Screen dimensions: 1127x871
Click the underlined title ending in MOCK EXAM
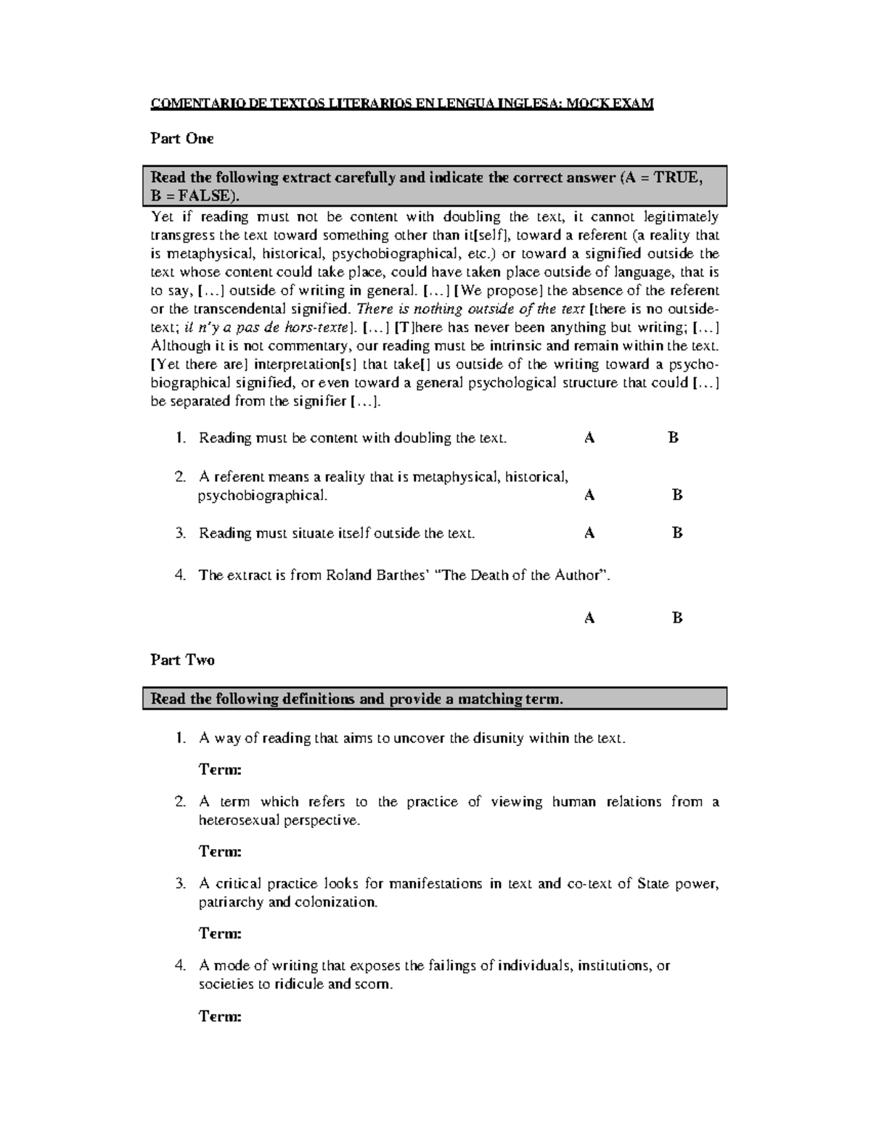402,103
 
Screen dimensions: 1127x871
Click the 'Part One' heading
181,139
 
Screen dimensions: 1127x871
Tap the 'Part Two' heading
182,660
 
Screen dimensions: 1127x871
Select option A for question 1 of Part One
589,438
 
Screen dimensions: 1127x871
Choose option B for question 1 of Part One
673,438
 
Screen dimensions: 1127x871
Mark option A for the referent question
589,495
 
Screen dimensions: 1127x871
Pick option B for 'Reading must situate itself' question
677,533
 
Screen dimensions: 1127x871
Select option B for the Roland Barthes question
677,618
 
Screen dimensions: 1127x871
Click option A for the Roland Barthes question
589,618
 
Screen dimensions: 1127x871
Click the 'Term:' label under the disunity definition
220,769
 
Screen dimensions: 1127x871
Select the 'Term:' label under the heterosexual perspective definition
220,851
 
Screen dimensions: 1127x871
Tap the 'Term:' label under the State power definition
220,933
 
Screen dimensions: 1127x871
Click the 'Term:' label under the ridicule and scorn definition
220,1016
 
